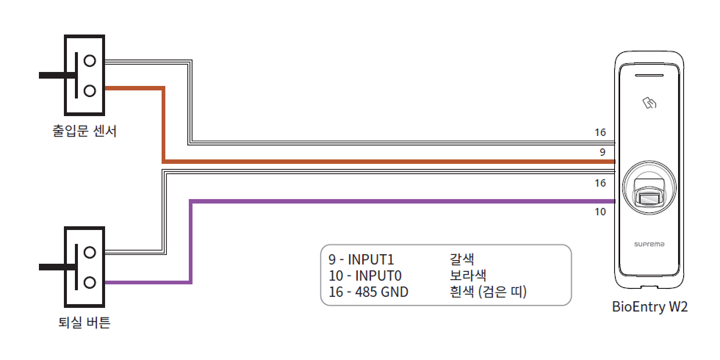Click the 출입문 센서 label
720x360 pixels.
pos(84,132)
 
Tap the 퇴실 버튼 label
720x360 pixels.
pos(84,322)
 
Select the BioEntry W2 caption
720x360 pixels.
pos(649,307)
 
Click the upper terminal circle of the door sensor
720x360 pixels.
pos(90,60)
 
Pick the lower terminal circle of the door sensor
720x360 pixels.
pos(90,90)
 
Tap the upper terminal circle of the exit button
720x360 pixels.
pos(90,252)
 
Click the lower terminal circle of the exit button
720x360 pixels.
pos(90,281)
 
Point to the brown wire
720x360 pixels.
pos(367,161)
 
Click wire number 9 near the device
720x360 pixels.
pos(602,152)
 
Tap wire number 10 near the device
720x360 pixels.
pos(600,212)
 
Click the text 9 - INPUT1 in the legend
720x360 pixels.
pos(361,260)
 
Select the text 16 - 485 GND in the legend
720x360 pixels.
pos(368,292)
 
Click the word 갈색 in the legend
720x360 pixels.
pos(462,260)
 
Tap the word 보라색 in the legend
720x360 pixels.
pos(467,276)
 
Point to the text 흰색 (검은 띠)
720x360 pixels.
pos(489,292)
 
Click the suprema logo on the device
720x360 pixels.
pos(649,243)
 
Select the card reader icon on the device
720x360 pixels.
pos(649,104)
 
